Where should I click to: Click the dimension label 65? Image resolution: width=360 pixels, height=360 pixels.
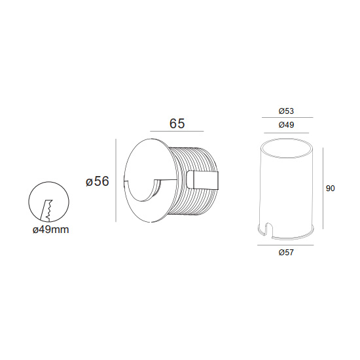[177, 123]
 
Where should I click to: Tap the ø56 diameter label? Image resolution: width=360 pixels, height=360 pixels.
[97, 181]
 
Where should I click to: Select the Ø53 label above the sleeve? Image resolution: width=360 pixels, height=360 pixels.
[286, 111]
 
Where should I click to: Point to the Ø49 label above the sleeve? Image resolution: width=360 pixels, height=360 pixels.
[286, 125]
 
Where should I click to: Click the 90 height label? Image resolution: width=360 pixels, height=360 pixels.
[330, 189]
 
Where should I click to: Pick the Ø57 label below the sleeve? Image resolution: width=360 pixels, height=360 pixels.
[286, 253]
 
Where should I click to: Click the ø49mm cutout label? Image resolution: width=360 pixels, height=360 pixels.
[51, 230]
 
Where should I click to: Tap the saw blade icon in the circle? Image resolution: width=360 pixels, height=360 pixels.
[46, 211]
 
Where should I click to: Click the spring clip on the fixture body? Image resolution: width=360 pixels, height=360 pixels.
[202, 180]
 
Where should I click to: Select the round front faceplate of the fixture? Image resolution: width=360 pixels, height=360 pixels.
[149, 180]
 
